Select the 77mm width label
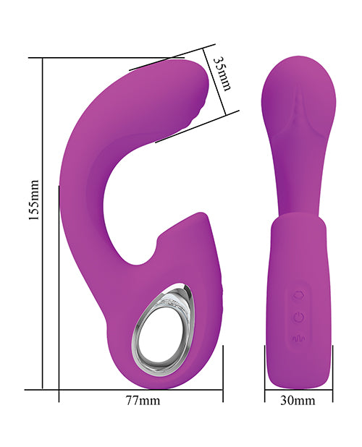pos(143,399)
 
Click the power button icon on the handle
pos(298,315)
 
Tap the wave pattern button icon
pos(298,338)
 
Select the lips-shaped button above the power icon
pos(298,294)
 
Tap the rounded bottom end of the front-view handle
pos(298,376)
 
